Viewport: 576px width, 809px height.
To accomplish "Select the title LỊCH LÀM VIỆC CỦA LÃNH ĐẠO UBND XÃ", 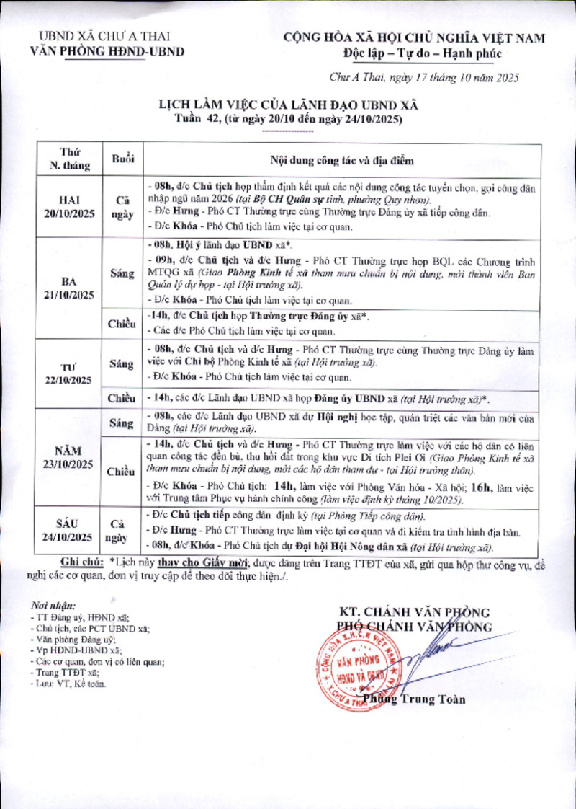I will click(x=288, y=105).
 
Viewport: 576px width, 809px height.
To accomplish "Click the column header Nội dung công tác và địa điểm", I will click(x=341, y=160).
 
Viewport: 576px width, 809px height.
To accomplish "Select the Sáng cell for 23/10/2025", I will click(x=122, y=421).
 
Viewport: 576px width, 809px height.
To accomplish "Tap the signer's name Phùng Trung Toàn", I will click(x=414, y=699).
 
